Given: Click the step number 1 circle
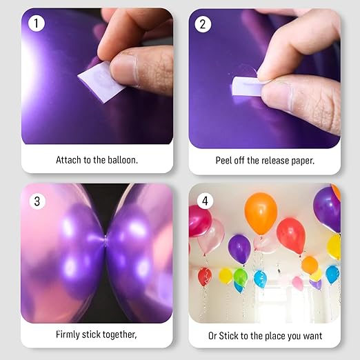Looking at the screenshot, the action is click(x=37, y=23).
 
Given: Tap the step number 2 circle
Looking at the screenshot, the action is click(x=203, y=24).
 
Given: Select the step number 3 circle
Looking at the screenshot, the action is click(x=37, y=201).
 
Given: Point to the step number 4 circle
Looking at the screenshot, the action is click(x=205, y=201).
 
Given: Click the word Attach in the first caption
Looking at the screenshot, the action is click(x=68, y=160).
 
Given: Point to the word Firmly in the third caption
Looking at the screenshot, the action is click(x=68, y=334).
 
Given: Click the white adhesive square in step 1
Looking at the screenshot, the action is click(x=101, y=82).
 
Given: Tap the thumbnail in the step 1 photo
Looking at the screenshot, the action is click(x=125, y=70).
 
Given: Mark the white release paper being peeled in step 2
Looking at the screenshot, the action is click(x=246, y=87).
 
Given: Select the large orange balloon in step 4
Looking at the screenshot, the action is click(x=261, y=214).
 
